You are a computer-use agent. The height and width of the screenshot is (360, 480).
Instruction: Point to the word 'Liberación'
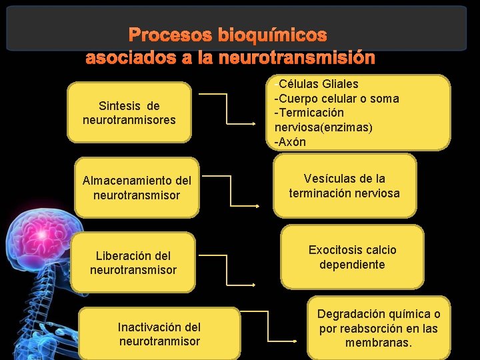(123, 255)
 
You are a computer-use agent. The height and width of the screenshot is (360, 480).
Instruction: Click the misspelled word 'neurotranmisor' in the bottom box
(159, 341)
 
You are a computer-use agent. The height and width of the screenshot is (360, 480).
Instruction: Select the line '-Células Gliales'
(317, 84)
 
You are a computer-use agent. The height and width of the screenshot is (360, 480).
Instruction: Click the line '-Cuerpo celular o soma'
(337, 99)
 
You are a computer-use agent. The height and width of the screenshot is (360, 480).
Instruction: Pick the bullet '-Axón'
(291, 142)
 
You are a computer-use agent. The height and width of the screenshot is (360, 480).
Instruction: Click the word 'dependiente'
(352, 265)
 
